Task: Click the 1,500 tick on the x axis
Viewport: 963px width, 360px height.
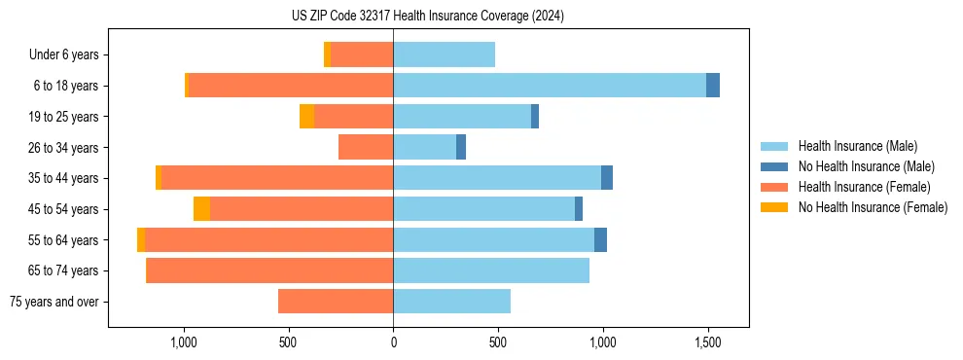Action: point(707,342)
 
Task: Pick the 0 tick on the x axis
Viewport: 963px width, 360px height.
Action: point(393,342)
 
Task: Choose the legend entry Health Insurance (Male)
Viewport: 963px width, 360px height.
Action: point(857,146)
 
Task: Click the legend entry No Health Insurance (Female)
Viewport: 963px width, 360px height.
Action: point(873,207)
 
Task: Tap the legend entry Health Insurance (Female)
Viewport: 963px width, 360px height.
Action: point(864,187)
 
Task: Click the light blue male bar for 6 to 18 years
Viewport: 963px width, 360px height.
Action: point(550,86)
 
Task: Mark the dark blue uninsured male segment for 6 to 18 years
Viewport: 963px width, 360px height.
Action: point(713,86)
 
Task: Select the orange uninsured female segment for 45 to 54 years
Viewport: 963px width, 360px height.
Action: point(201,209)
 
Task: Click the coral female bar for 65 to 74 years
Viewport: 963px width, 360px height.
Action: point(269,270)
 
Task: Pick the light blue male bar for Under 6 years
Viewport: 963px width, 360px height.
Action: point(444,54)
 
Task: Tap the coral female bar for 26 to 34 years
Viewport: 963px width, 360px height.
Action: point(366,147)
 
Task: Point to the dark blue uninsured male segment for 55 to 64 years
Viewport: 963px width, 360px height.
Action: point(600,240)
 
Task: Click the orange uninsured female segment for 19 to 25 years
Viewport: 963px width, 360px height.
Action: point(306,117)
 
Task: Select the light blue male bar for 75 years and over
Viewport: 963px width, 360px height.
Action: point(451,302)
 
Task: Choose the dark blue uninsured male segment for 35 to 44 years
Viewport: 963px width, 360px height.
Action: point(607,178)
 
